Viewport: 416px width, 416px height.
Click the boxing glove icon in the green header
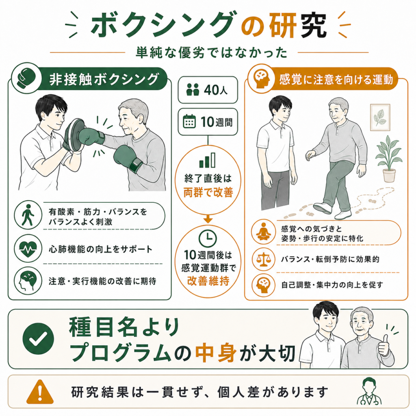(26, 78)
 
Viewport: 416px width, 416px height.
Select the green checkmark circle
(38, 338)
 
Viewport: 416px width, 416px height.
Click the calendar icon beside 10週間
(189, 121)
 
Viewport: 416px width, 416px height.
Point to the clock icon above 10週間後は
(208, 238)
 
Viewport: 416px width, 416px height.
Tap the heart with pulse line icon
(28, 249)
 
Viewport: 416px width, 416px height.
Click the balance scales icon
(263, 259)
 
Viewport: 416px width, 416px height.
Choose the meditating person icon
(263, 232)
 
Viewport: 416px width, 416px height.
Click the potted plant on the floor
(389, 159)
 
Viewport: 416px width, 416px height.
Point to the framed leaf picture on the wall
(380, 117)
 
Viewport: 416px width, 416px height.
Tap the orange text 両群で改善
(208, 192)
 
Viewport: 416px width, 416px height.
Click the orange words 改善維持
(208, 281)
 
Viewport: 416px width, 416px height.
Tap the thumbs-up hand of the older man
(383, 345)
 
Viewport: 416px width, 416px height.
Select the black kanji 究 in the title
(313, 26)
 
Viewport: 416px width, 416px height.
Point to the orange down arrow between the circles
(208, 219)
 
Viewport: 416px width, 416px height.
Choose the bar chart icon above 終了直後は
(207, 160)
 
